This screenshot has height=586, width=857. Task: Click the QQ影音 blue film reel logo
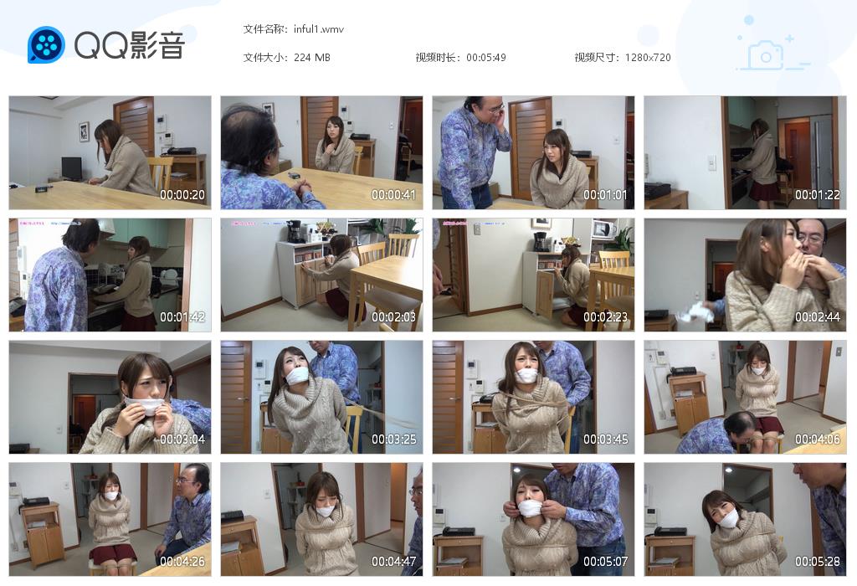point(46,44)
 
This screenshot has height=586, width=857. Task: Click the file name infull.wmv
point(318,29)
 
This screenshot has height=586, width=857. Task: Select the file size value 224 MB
point(312,58)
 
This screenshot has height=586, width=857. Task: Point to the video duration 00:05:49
point(486,58)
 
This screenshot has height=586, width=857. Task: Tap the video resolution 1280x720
point(647,58)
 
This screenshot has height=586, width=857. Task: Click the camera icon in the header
point(765,56)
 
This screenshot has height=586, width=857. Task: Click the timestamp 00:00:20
point(183,195)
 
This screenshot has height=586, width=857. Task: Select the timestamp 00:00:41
point(394,195)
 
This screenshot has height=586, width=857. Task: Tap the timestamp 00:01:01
point(606,195)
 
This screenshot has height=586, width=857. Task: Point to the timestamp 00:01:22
point(818,195)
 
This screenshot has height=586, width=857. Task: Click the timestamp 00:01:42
point(183,317)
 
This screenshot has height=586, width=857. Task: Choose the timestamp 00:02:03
point(394,317)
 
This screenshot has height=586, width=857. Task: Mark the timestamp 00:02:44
point(818,317)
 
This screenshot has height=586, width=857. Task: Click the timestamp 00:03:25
point(394,439)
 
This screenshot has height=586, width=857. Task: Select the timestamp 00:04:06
point(818,439)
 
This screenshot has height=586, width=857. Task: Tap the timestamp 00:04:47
point(394,562)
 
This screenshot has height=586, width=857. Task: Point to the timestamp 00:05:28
point(818,562)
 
